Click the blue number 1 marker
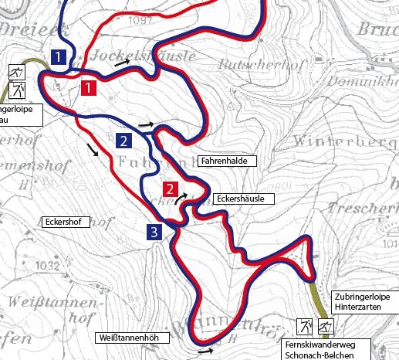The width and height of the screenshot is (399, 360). (x=57, y=56)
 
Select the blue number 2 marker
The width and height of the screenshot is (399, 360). (x=122, y=141)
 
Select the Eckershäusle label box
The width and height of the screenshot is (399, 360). (x=242, y=199)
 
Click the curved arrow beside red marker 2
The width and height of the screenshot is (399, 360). (x=181, y=199)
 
